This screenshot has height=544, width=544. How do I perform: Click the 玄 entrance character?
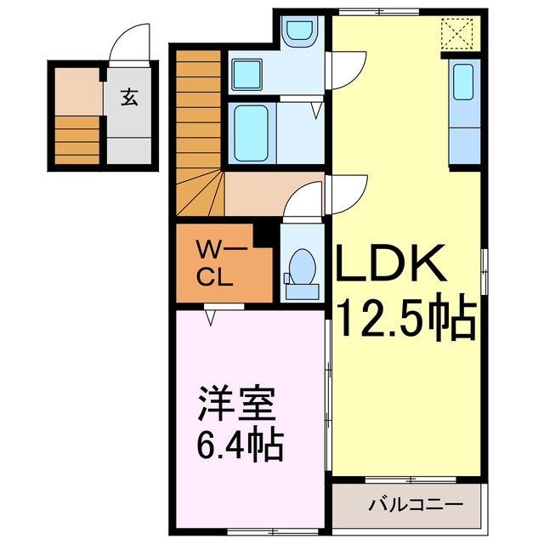(x=129, y=98)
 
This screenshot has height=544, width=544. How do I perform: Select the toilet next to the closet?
(x=300, y=270)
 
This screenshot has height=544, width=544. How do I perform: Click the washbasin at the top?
(x=298, y=32)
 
